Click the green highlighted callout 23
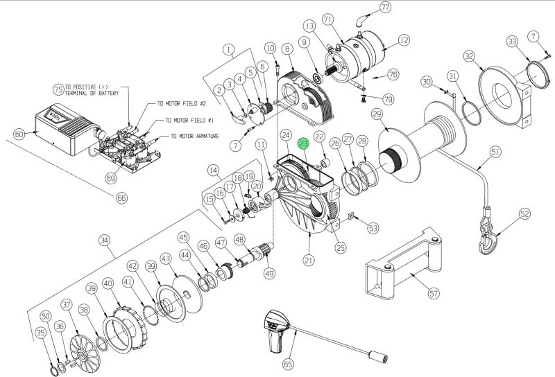point(303,144)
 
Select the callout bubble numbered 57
point(434,294)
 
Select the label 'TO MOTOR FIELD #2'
point(181,103)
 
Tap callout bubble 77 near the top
point(386,8)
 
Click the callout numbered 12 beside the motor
point(403,41)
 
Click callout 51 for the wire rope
point(495,150)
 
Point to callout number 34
point(104,241)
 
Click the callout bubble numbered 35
point(41,333)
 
